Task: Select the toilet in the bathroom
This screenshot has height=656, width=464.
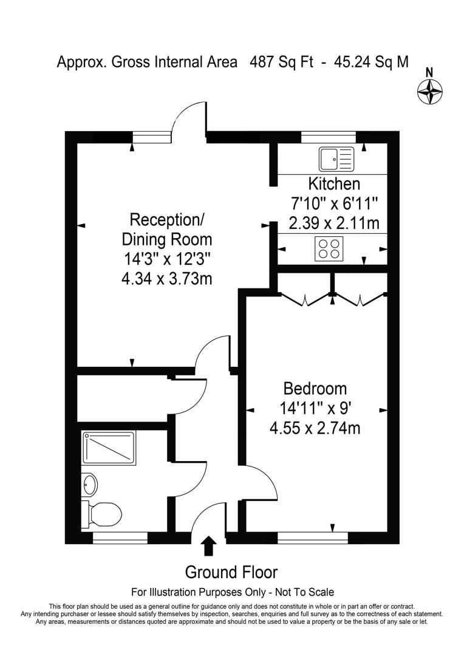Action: coord(102,513)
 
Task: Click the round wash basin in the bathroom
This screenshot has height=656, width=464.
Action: coord(90,484)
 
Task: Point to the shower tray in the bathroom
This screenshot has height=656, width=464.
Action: coord(108,448)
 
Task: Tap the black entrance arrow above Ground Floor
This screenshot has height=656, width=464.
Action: coord(208,545)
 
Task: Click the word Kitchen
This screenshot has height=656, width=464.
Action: coord(334,183)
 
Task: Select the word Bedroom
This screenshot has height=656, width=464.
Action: coord(315,388)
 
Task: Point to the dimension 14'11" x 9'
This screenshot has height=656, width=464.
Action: coord(315,408)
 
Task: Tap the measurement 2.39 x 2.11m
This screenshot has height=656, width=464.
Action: coord(334,223)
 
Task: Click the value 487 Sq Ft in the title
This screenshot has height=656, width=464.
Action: coord(281,62)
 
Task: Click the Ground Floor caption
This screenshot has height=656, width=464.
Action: coord(231,572)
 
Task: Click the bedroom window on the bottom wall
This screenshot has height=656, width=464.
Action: coord(313,537)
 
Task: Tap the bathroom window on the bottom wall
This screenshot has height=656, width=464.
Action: coord(120,537)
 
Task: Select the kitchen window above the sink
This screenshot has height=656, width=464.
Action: coord(329,137)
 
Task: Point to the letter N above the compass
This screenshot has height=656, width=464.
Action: coord(429,71)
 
